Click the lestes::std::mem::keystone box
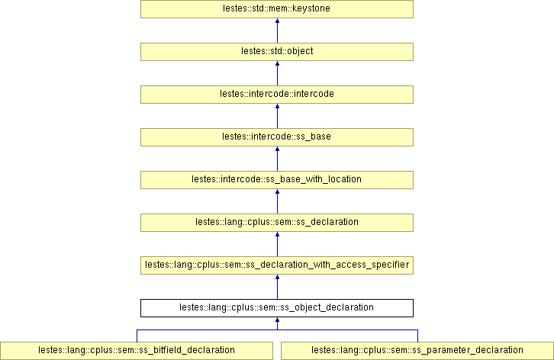pyautogui.click(x=276, y=9)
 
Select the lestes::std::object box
pyautogui.click(x=276, y=52)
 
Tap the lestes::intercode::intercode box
pyautogui.click(x=276, y=95)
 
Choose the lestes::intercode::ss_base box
pyautogui.click(x=276, y=137)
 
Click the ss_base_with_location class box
pyautogui.click(x=276, y=179)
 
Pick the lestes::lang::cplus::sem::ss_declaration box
pyautogui.click(x=276, y=222)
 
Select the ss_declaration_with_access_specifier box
pyautogui.click(x=276, y=265)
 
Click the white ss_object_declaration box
pyautogui.click(x=276, y=307)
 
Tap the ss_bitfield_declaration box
pyautogui.click(x=137, y=350)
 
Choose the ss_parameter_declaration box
pyautogui.click(x=417, y=350)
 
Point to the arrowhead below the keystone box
pyautogui.click(x=277, y=22)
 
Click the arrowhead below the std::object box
pyautogui.click(x=277, y=65)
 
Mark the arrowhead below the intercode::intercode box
pyautogui.click(x=277, y=108)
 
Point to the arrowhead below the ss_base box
pyautogui.click(x=277, y=150)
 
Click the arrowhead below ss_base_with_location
pyautogui.click(x=277, y=193)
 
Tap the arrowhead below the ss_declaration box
pyautogui.click(x=277, y=236)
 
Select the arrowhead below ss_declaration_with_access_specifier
pyautogui.click(x=277, y=278)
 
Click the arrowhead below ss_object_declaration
pyautogui.click(x=277, y=321)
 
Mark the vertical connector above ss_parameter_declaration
pyautogui.click(x=417, y=336)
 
